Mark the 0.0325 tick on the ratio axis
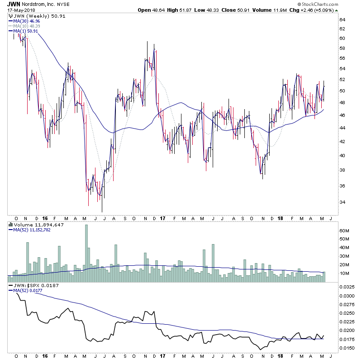click(347, 287)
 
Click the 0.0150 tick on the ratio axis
click(347, 348)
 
